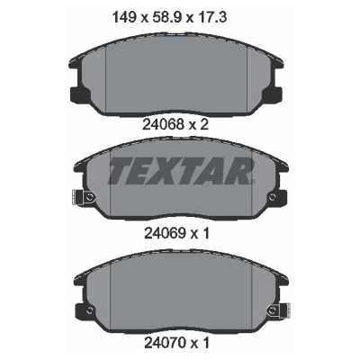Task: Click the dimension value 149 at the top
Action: click(124, 17)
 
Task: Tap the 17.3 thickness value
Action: click(211, 17)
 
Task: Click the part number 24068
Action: click(163, 125)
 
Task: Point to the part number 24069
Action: click(165, 233)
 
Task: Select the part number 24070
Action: click(165, 343)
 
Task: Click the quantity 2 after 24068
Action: click(203, 125)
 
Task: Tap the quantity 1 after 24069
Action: click(205, 233)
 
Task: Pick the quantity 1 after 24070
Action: click(205, 343)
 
